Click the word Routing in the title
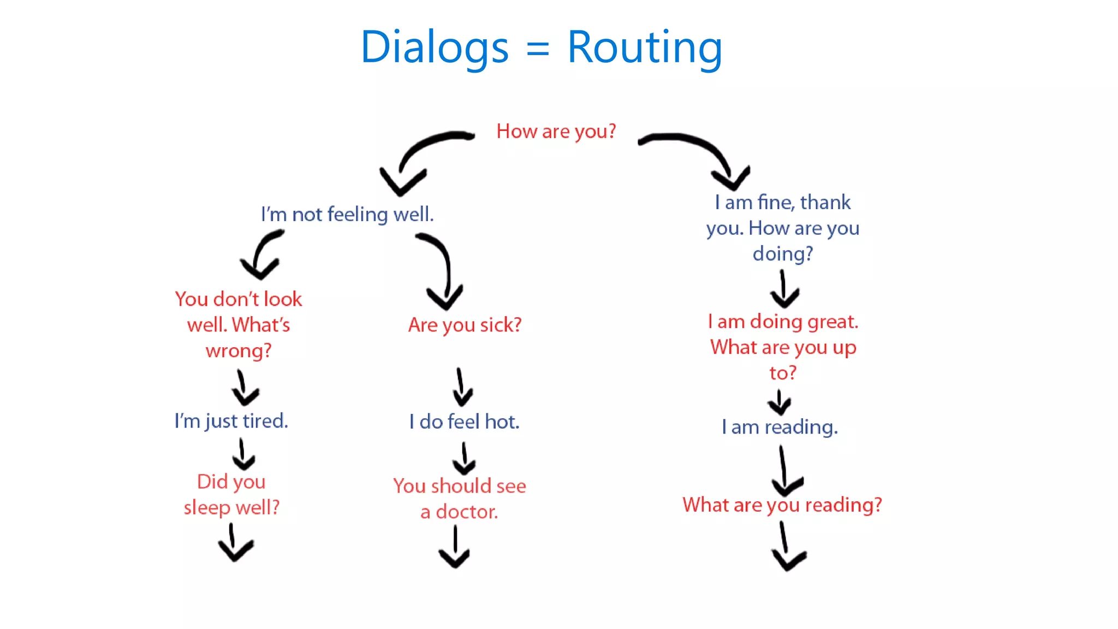[x=645, y=48]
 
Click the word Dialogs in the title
[x=435, y=48]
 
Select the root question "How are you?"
[x=556, y=132]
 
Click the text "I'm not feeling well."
[x=347, y=214]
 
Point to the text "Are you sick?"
[x=465, y=325]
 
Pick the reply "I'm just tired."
[x=231, y=421]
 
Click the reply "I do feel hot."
[x=465, y=422]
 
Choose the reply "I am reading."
[x=780, y=427]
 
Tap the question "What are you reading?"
[x=782, y=505]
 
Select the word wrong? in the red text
[x=239, y=351]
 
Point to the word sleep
[x=207, y=508]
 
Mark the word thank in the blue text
[x=825, y=203]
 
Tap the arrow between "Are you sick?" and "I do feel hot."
[x=462, y=387]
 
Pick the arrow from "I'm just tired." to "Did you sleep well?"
[x=242, y=454]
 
